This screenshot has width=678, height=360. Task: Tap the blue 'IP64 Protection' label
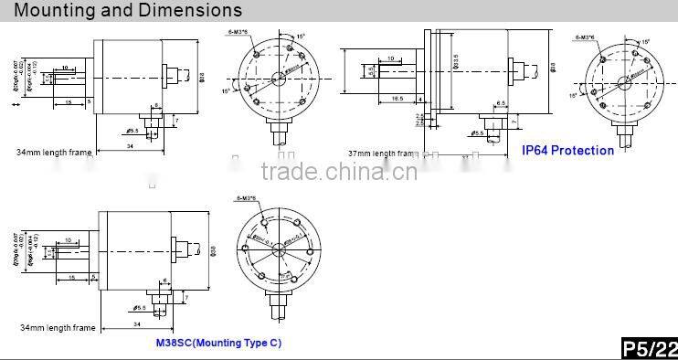tap(567, 150)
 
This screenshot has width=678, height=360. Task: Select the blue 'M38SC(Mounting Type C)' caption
tap(217, 343)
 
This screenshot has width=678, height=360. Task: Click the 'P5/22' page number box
tap(649, 349)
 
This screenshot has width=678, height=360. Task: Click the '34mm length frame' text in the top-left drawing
tap(54, 152)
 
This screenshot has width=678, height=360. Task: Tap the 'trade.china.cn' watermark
tap(339, 172)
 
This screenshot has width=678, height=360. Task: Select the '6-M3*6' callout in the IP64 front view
tap(586, 37)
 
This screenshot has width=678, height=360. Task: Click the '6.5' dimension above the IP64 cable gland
tap(502, 103)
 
